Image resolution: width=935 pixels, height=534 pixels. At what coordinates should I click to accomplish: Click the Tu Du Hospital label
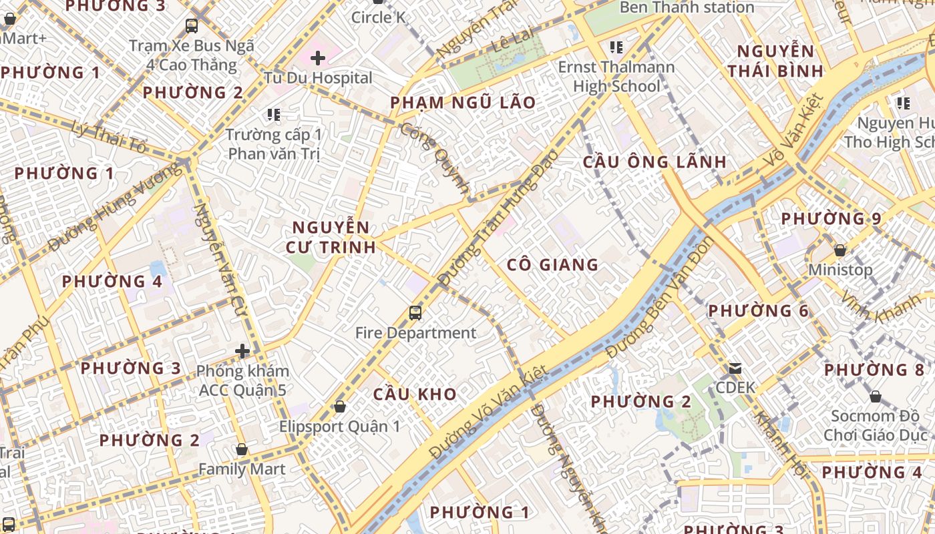pos(318,78)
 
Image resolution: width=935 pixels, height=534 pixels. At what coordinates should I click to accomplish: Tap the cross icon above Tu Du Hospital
pos(318,58)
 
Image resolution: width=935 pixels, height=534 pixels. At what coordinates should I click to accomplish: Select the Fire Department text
pos(415,333)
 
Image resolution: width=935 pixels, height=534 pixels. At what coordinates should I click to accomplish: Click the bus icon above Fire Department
pos(415,312)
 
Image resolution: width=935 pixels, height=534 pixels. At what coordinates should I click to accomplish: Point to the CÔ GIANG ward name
pos(552,265)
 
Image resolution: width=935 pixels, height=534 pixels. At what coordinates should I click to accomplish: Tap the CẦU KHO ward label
pos(415,394)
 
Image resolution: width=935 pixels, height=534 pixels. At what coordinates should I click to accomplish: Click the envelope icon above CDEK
pos(735,368)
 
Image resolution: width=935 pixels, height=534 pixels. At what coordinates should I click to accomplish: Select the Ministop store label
pos(840,270)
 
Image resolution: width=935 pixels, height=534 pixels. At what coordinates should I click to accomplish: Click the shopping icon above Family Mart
pos(242,449)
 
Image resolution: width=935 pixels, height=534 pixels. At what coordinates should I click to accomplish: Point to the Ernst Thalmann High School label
pos(616,77)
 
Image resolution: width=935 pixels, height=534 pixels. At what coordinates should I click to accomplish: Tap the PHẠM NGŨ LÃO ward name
pos(463,103)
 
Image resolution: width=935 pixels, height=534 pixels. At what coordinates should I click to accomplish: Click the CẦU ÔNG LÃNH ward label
pos(654,162)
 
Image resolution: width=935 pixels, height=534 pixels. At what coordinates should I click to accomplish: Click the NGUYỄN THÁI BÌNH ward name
pos(775,61)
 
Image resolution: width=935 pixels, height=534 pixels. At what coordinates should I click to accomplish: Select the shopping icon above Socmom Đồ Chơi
pos(875,396)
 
